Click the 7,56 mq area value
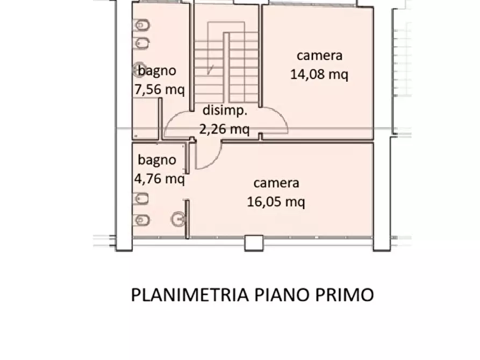[x=159, y=89]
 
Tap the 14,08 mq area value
[x=319, y=75]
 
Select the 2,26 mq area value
[x=224, y=128]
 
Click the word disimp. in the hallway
[x=225, y=111]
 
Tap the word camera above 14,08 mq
[x=320, y=55]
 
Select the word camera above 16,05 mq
[x=276, y=183]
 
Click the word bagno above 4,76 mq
[x=156, y=160]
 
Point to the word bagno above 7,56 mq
[x=157, y=70]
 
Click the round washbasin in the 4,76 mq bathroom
[x=178, y=219]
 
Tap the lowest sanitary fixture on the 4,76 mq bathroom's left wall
[x=142, y=220]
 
